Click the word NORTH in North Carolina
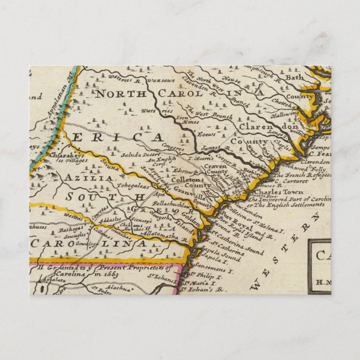tap(117, 93)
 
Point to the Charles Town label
tap(271, 192)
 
